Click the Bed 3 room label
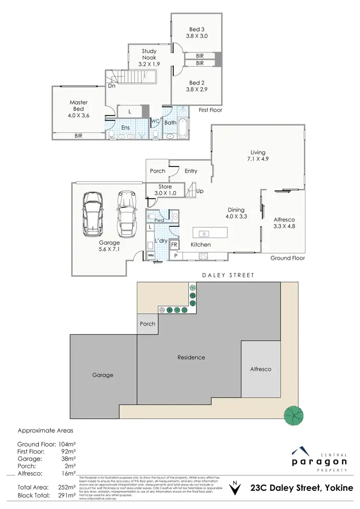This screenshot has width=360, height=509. (197, 32)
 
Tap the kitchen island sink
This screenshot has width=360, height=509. (204, 233)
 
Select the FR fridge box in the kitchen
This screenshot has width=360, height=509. (174, 244)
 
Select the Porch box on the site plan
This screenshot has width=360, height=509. (148, 323)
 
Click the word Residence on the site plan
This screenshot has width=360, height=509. (191, 357)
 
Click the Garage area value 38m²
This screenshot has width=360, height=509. (66, 459)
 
